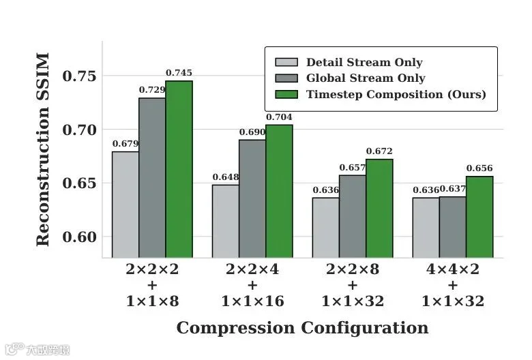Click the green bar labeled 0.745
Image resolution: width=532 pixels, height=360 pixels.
click(179, 169)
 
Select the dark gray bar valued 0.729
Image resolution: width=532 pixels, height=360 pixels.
click(152, 178)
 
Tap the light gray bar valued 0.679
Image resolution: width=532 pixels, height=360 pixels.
click(125, 205)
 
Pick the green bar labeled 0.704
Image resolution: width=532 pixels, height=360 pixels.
click(279, 191)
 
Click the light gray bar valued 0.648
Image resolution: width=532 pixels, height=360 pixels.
click(226, 221)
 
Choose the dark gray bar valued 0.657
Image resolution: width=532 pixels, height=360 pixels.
click(353, 216)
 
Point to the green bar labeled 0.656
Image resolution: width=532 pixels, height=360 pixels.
click(479, 217)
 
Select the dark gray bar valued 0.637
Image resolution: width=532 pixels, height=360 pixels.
click(453, 227)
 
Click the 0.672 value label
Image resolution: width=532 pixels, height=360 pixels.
click(379, 151)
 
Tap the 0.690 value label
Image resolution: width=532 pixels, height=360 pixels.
click(252, 132)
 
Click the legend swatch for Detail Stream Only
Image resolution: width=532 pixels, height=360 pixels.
click(286, 62)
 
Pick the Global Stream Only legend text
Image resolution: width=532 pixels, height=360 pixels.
click(366, 78)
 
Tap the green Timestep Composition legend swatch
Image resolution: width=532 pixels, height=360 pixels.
click(286, 94)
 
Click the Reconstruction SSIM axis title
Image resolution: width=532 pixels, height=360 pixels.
click(43, 149)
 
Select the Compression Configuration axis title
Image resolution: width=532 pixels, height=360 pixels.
click(302, 328)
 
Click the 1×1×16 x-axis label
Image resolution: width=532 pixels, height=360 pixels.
click(252, 301)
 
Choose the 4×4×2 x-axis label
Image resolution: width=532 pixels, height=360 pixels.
click(453, 269)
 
